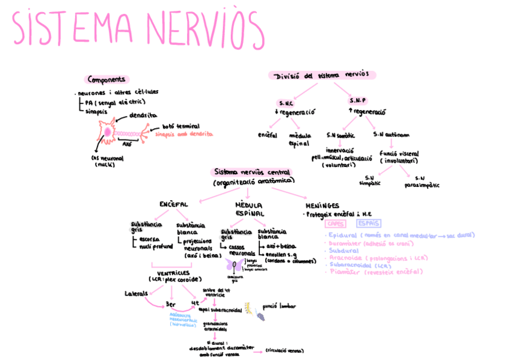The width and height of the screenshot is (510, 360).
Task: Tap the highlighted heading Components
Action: point(106,79)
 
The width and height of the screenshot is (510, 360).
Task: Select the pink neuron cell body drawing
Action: point(108,132)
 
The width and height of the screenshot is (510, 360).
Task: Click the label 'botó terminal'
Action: point(179,127)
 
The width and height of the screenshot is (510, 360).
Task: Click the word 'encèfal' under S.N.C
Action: point(267,135)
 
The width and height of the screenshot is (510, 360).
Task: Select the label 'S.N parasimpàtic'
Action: point(419,182)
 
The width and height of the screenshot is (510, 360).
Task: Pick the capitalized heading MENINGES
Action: point(322,204)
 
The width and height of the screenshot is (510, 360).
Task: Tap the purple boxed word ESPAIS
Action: point(367,224)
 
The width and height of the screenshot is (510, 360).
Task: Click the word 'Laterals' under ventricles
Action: point(137,294)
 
